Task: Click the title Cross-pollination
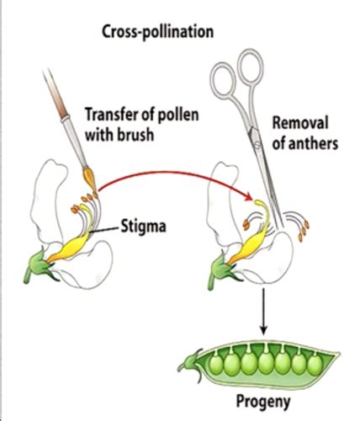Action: click(x=157, y=32)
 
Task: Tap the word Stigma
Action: click(x=143, y=226)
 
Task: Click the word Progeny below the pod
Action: click(x=263, y=402)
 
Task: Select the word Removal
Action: click(x=300, y=123)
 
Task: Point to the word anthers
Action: click(x=314, y=143)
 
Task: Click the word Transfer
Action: click(x=110, y=115)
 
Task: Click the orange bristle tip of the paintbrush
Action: click(x=90, y=179)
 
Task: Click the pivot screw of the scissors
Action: click(x=257, y=144)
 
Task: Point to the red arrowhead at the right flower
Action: click(x=248, y=198)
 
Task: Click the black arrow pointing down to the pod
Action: click(x=263, y=311)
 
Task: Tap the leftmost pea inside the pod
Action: click(x=216, y=365)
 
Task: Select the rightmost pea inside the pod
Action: click(x=315, y=365)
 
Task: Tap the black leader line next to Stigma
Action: click(x=104, y=230)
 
